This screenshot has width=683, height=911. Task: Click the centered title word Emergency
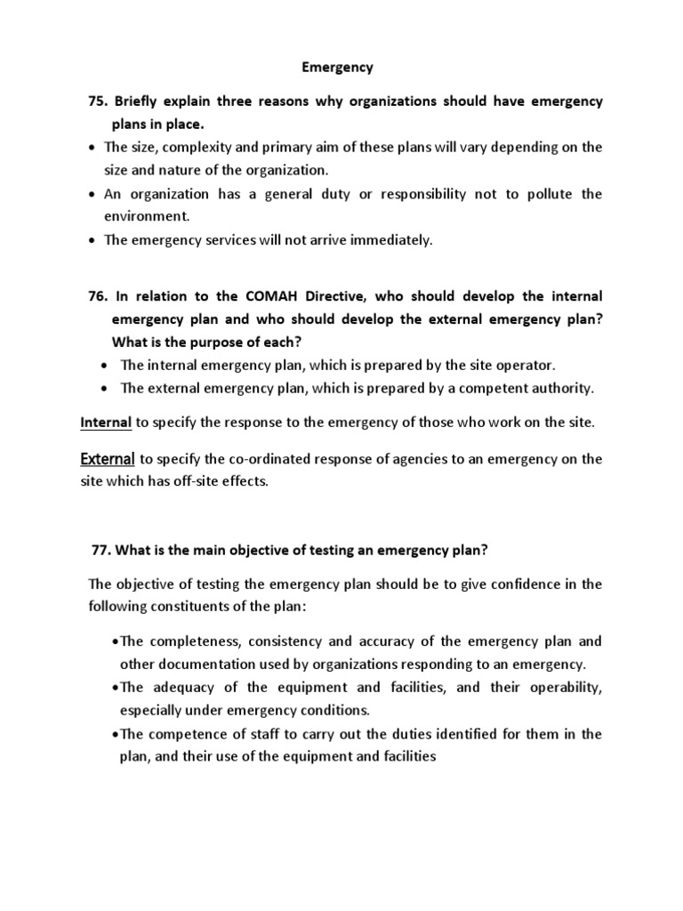click(341, 67)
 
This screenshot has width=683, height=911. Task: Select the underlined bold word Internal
click(106, 423)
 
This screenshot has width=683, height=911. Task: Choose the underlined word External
click(108, 459)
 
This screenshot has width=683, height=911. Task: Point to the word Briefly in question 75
click(141, 101)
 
